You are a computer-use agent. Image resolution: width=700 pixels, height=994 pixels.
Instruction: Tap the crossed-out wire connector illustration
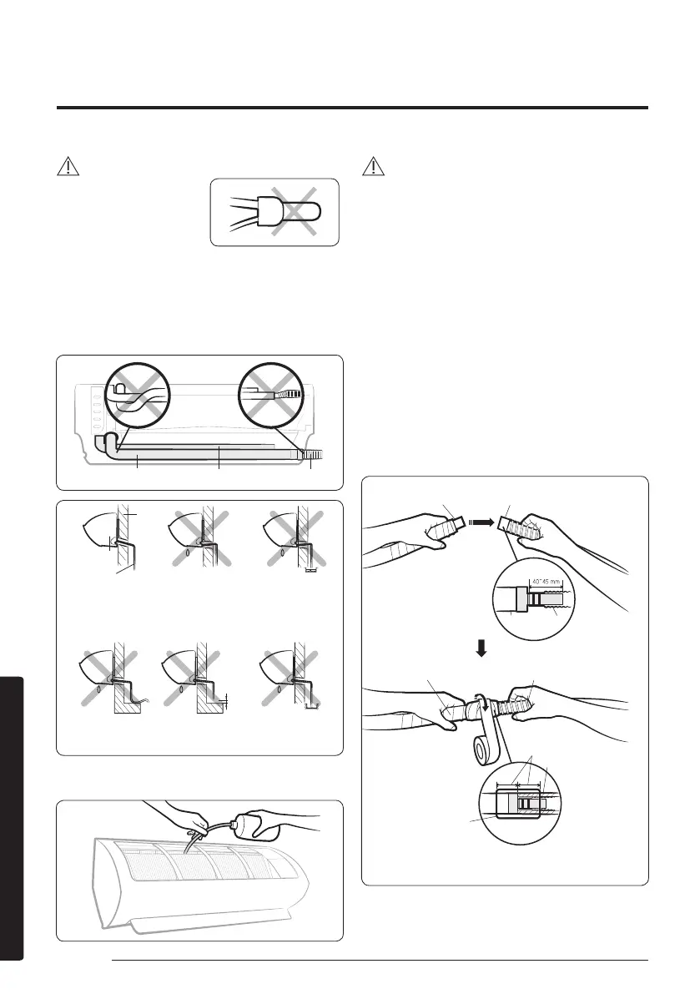[x=274, y=212]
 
